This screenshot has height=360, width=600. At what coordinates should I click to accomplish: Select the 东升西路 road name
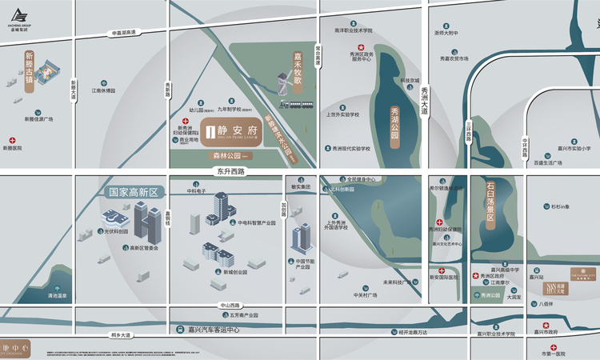pyautogui.click(x=230, y=171)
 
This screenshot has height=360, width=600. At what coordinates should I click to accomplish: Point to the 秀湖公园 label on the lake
pyautogui.click(x=394, y=123)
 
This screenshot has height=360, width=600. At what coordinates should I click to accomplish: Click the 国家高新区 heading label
pyautogui.click(x=134, y=192)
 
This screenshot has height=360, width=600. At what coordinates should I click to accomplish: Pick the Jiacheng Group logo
pyautogui.click(x=21, y=18)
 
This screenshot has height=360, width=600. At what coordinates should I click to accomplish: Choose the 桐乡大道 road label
pyautogui.click(x=122, y=334)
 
